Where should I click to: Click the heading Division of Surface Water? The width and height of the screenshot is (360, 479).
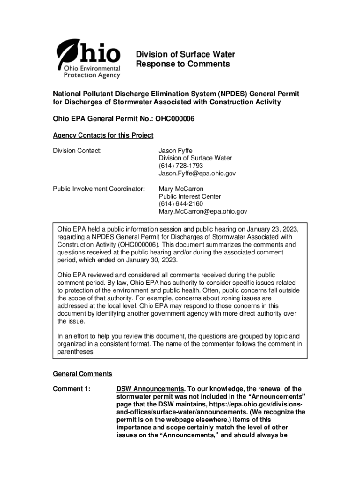tap(185, 55)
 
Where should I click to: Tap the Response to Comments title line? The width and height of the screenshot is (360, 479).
tap(183, 64)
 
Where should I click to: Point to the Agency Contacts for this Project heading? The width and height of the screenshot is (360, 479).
tap(103, 135)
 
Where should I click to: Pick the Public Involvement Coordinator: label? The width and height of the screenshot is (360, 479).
tap(99, 189)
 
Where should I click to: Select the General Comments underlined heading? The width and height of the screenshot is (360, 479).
tap(82, 374)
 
